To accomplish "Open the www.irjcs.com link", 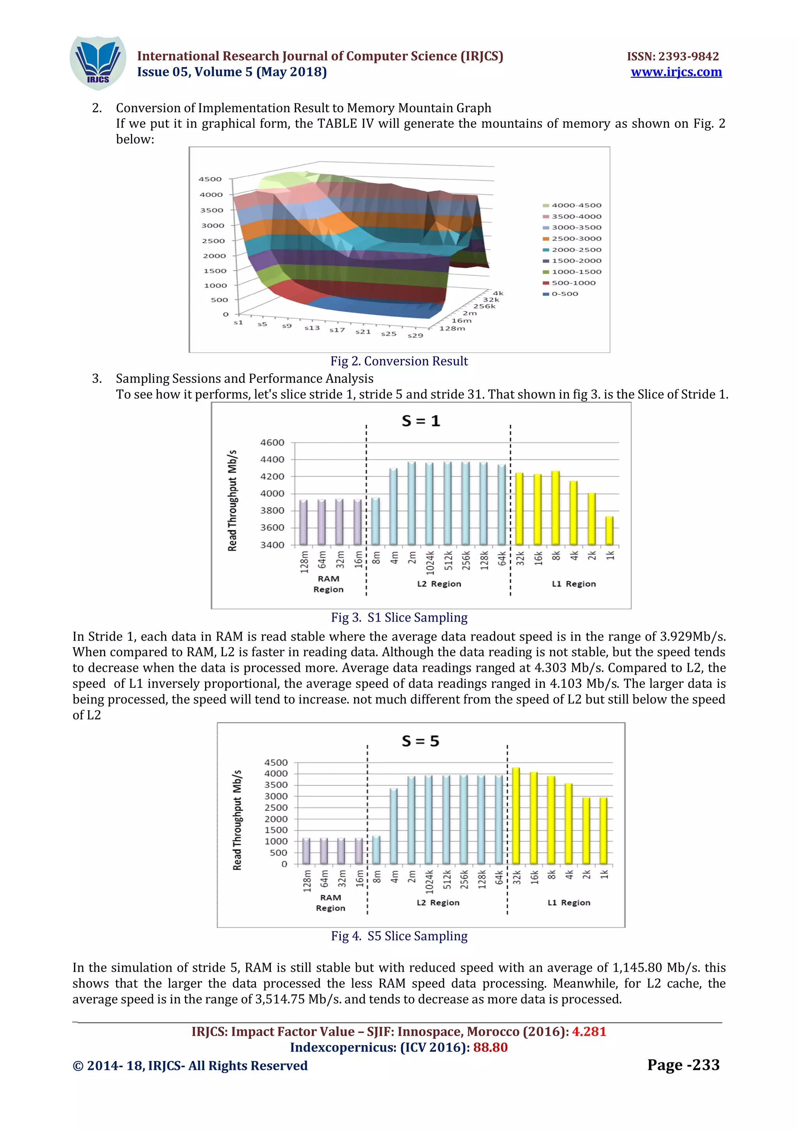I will click(x=676, y=73).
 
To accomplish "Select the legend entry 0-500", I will click(x=565, y=294).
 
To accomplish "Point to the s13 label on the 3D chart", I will click(x=312, y=328).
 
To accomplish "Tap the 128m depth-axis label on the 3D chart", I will click(x=452, y=328).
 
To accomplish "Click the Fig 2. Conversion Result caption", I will click(x=399, y=361).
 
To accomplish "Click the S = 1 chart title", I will click(x=421, y=421).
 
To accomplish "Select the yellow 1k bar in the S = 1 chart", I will click(x=609, y=531).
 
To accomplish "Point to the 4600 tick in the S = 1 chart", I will click(x=272, y=443).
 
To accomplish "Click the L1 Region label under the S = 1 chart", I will click(x=573, y=584).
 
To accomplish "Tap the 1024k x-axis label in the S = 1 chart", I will click(x=430, y=563).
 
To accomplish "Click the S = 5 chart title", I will click(x=420, y=741).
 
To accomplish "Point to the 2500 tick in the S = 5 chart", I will click(x=276, y=808).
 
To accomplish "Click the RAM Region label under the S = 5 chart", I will click(x=330, y=903).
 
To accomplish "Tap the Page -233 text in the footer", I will click(x=683, y=1064).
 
